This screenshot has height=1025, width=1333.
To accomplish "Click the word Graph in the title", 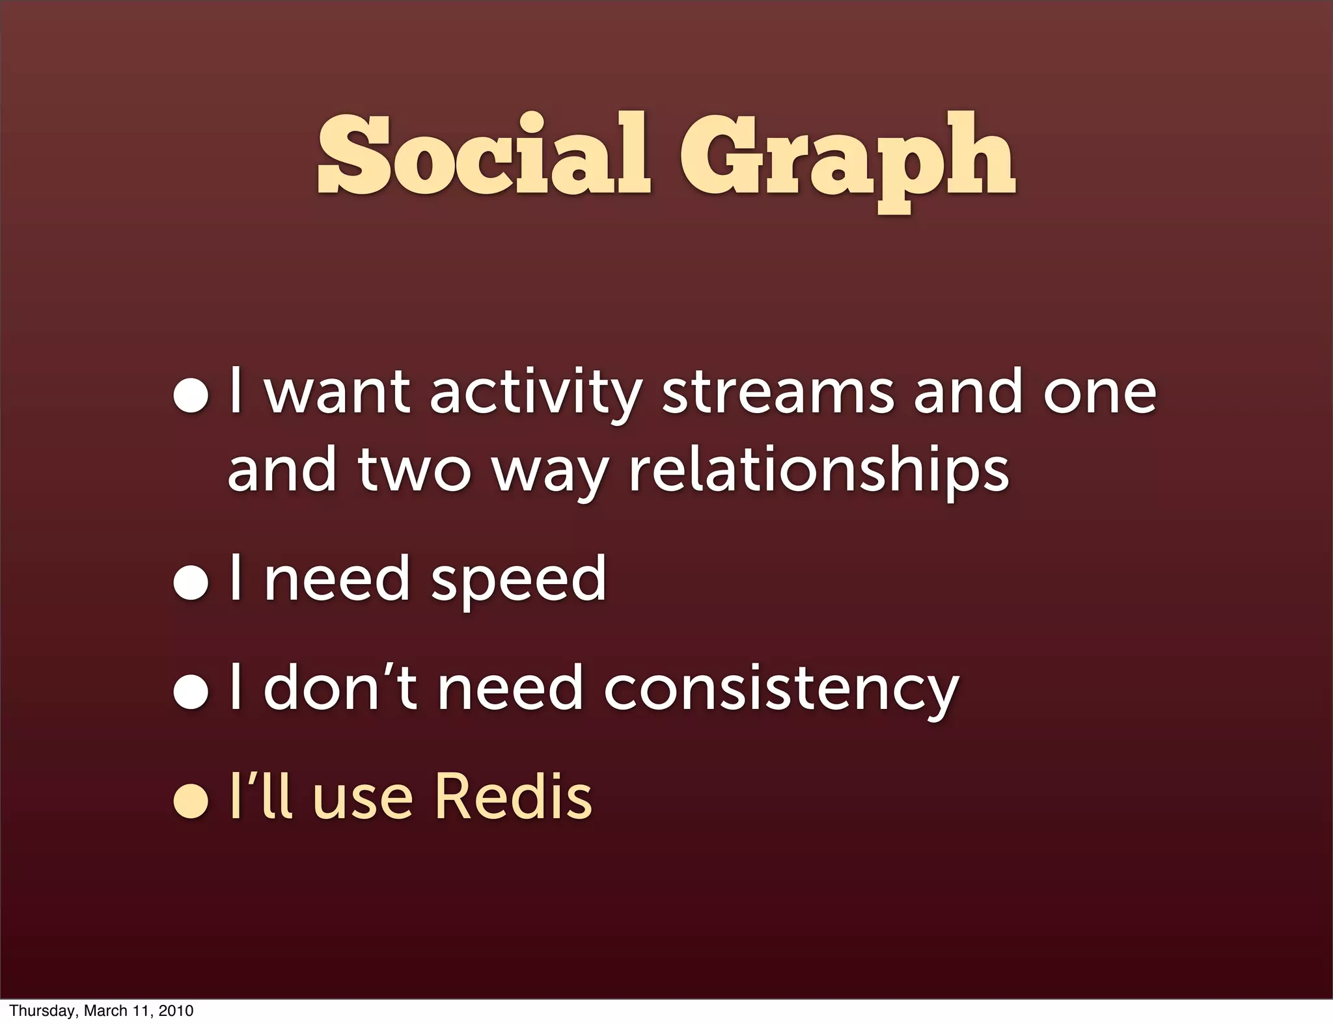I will [847, 159].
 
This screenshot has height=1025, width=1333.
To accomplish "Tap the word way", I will [550, 473].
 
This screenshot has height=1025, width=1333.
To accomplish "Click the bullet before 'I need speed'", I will [191, 582].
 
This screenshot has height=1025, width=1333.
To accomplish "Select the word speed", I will [518, 581].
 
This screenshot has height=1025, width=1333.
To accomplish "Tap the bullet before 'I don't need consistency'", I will [191, 692].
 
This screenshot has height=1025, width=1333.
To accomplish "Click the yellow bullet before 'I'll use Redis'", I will [191, 801].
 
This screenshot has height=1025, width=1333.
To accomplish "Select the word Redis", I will [513, 797].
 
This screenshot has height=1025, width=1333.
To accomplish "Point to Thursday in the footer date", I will [43, 1011].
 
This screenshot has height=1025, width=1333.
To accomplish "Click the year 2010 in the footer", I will [176, 1011].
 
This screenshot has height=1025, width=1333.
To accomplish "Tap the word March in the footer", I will [105, 1011].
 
